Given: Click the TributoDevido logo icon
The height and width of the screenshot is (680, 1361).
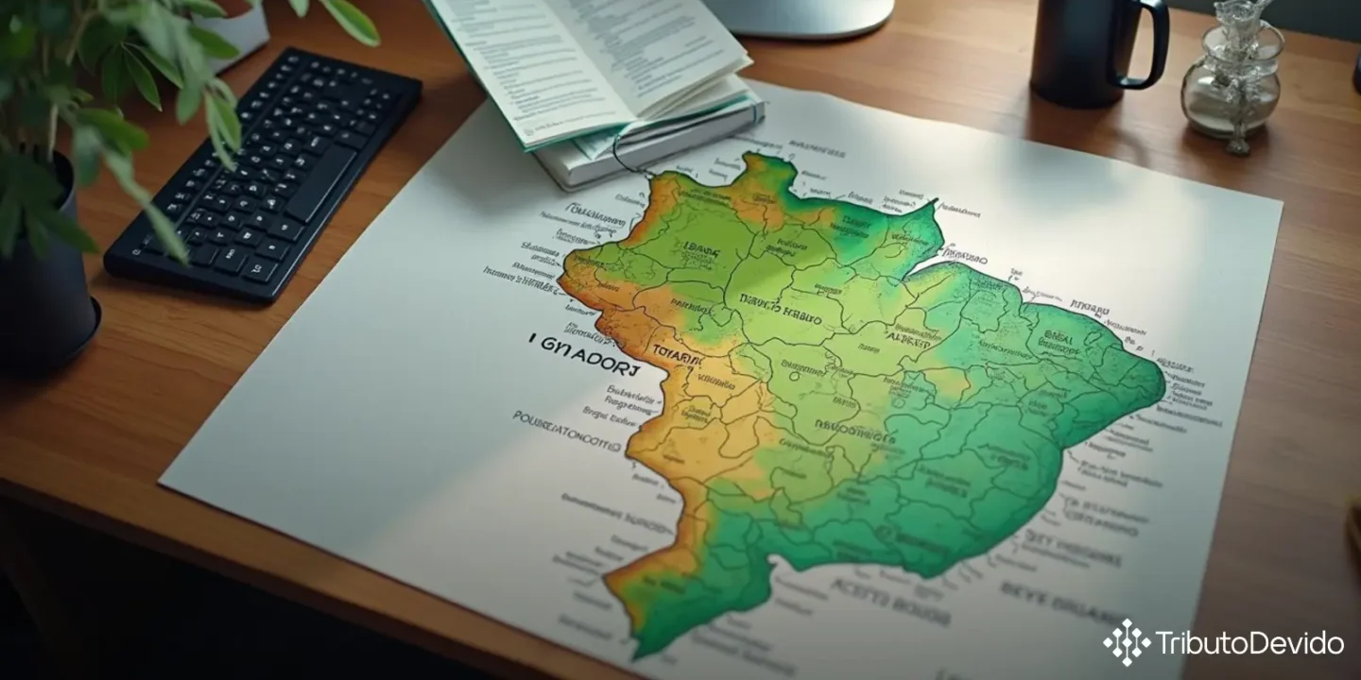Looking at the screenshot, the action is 1127,643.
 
